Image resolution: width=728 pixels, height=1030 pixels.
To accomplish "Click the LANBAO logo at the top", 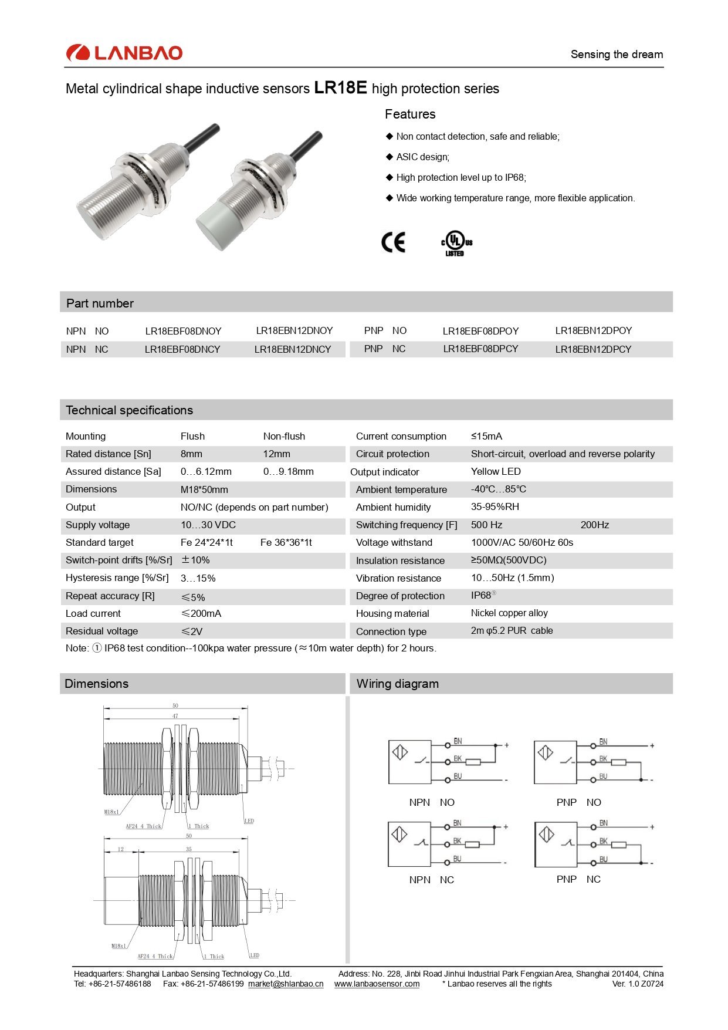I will pyautogui.click(x=124, y=53).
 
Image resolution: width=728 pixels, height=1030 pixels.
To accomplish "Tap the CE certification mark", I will pyautogui.click(x=393, y=242).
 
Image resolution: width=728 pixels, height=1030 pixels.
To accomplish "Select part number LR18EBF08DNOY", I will pyautogui.click(x=183, y=331).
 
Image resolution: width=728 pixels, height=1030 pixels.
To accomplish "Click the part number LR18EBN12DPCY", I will pyautogui.click(x=593, y=349).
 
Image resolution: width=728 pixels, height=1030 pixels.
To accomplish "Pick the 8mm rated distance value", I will pyautogui.click(x=191, y=454).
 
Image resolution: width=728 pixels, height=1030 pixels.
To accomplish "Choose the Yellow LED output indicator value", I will pyautogui.click(x=496, y=471).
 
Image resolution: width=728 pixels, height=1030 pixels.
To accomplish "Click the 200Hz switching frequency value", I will pyautogui.click(x=594, y=525).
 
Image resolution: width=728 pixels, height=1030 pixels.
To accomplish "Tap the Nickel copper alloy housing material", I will pyautogui.click(x=509, y=613).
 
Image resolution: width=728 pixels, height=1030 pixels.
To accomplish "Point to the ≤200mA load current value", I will pyautogui.click(x=201, y=613).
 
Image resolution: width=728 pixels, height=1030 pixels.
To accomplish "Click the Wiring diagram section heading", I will pyautogui.click(x=397, y=684).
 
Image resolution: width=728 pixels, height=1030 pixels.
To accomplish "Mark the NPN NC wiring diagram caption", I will pyautogui.click(x=431, y=880).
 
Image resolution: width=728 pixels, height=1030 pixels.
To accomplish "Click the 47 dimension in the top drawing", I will pyautogui.click(x=175, y=716).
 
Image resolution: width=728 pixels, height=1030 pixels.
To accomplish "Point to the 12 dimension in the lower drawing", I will pyautogui.click(x=121, y=849).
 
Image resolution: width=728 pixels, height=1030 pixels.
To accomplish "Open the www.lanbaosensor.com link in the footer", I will pyautogui.click(x=377, y=984).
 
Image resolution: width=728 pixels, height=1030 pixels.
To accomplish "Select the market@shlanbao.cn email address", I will pyautogui.click(x=286, y=984).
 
